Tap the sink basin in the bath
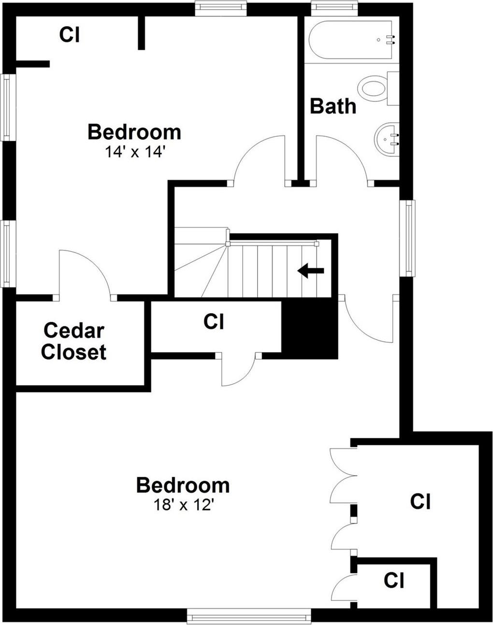(x=386, y=139)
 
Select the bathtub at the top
(x=352, y=40)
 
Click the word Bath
(x=333, y=106)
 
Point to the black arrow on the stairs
(x=310, y=271)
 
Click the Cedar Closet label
(x=73, y=341)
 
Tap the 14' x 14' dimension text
(x=135, y=152)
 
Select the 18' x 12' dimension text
(x=183, y=505)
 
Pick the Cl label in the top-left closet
(x=69, y=35)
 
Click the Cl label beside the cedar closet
(x=214, y=321)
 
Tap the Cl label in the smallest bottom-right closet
(x=394, y=580)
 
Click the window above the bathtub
(x=334, y=7)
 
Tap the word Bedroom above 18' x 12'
(x=182, y=485)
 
